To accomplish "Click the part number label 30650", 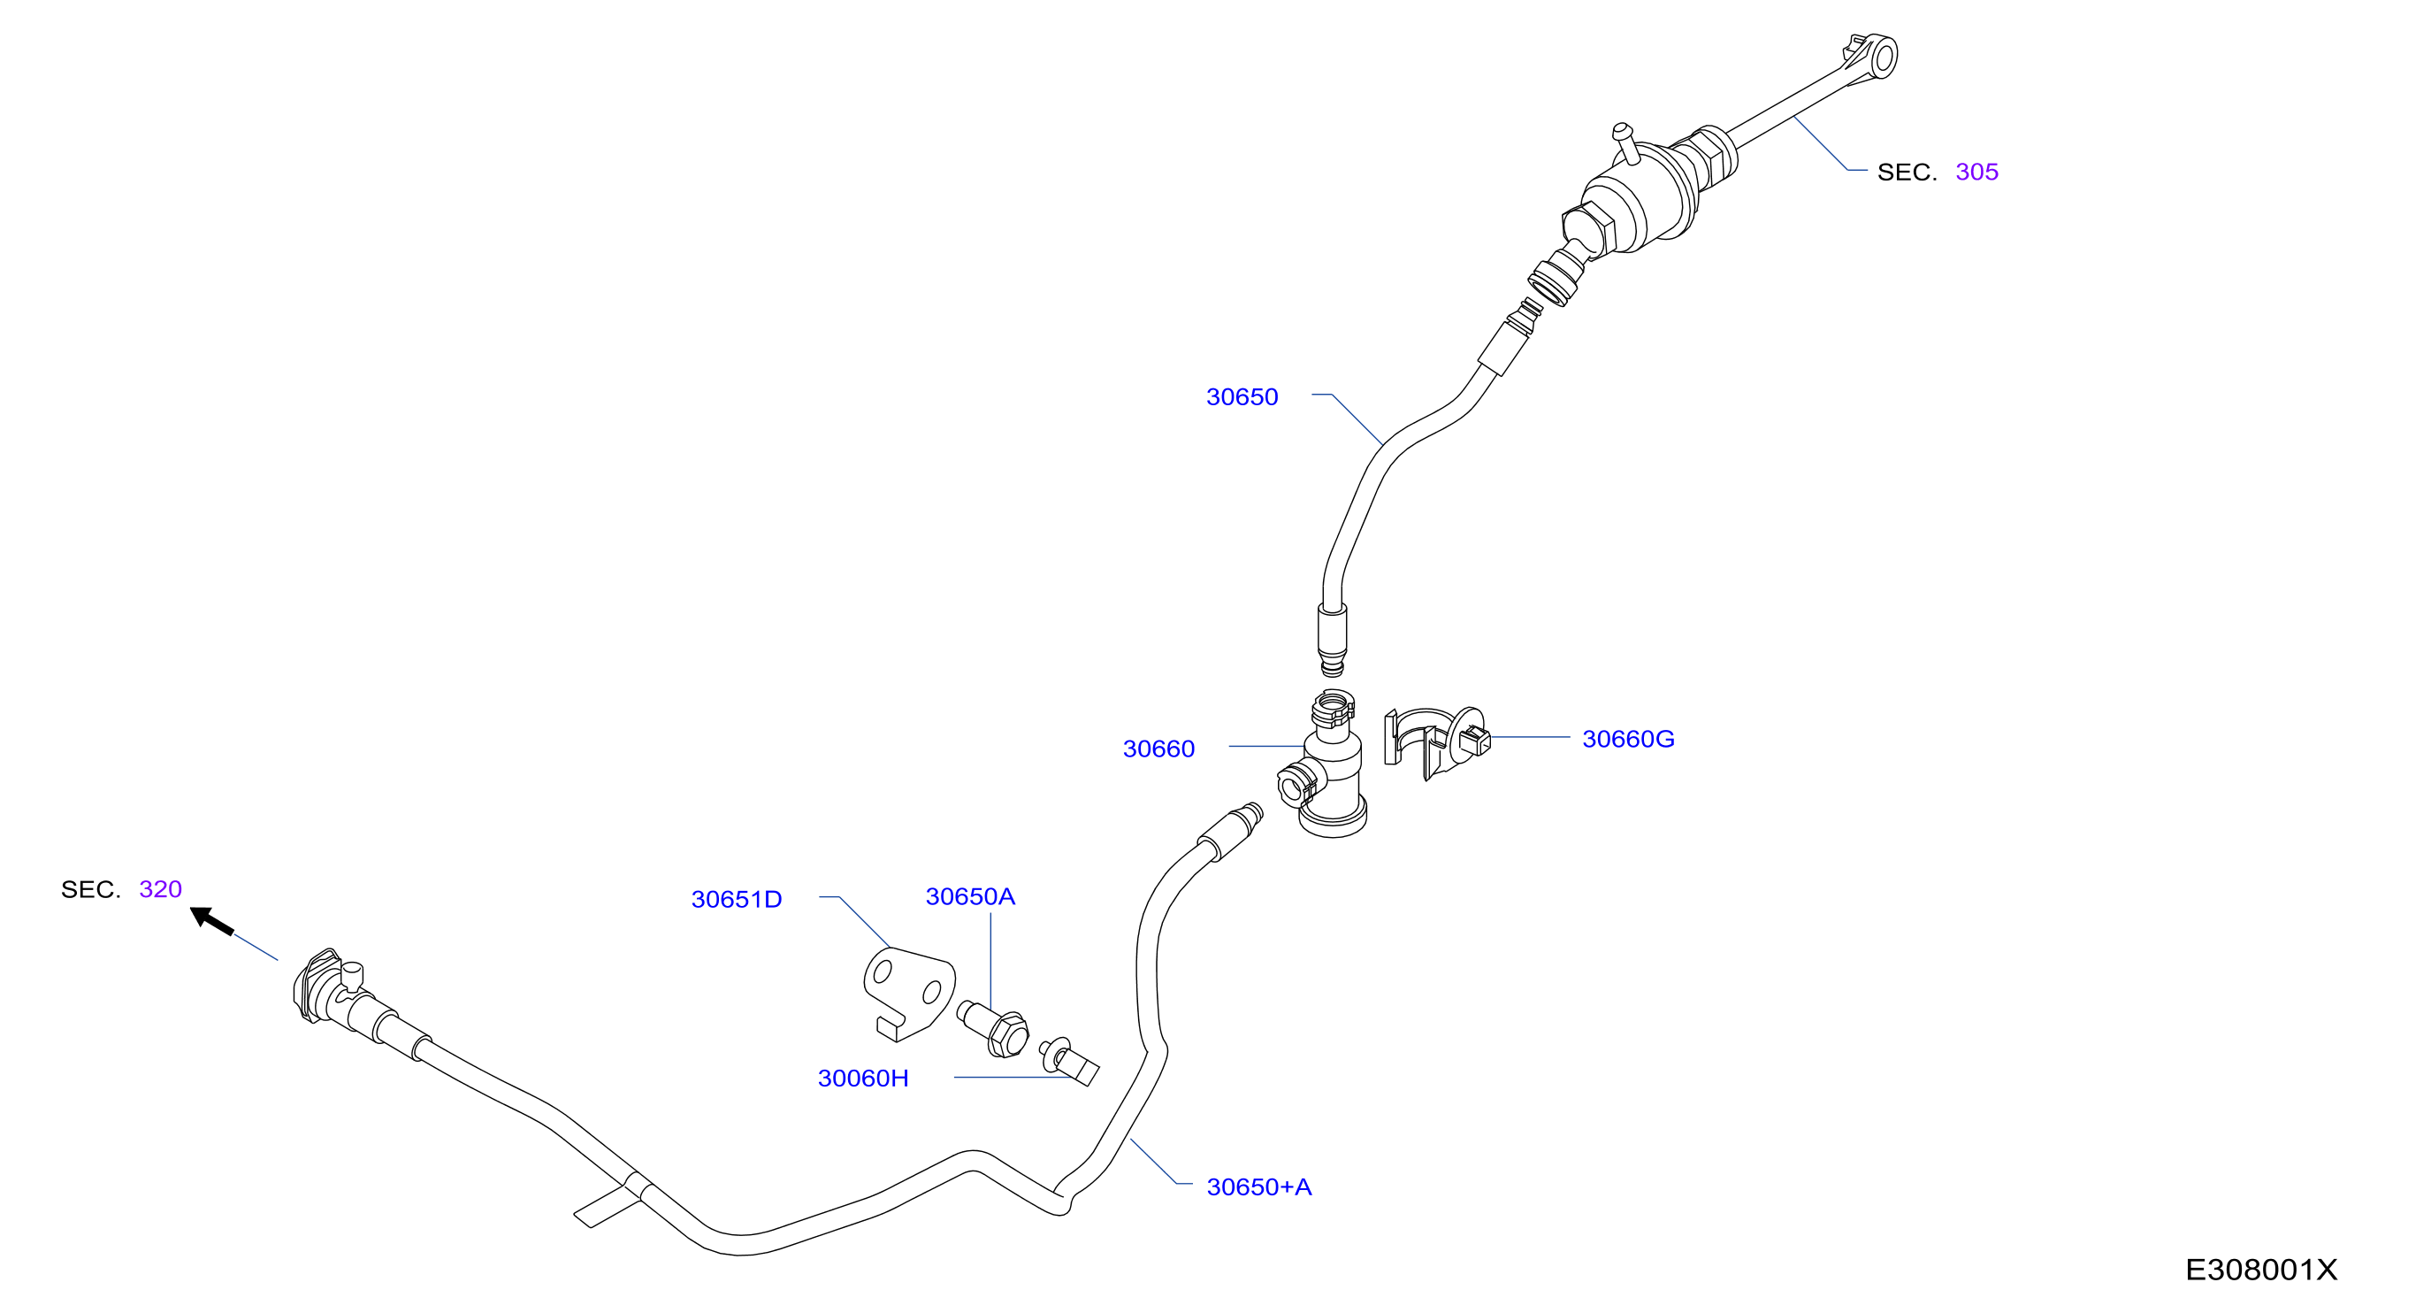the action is pos(1242,397).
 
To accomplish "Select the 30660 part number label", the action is pos(1158,749).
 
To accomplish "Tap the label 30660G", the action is pos(1628,739).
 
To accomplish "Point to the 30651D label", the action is pos(736,900).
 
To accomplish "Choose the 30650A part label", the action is pos(970,897).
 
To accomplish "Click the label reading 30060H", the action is pos(862,1078).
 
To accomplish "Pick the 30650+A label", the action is pos(1259,1187).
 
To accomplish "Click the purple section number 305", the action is pos(1977,172).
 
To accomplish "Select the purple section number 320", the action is pos(160,889).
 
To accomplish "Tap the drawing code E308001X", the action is pos(2261,1271).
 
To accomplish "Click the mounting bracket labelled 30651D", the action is pos(907,991).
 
